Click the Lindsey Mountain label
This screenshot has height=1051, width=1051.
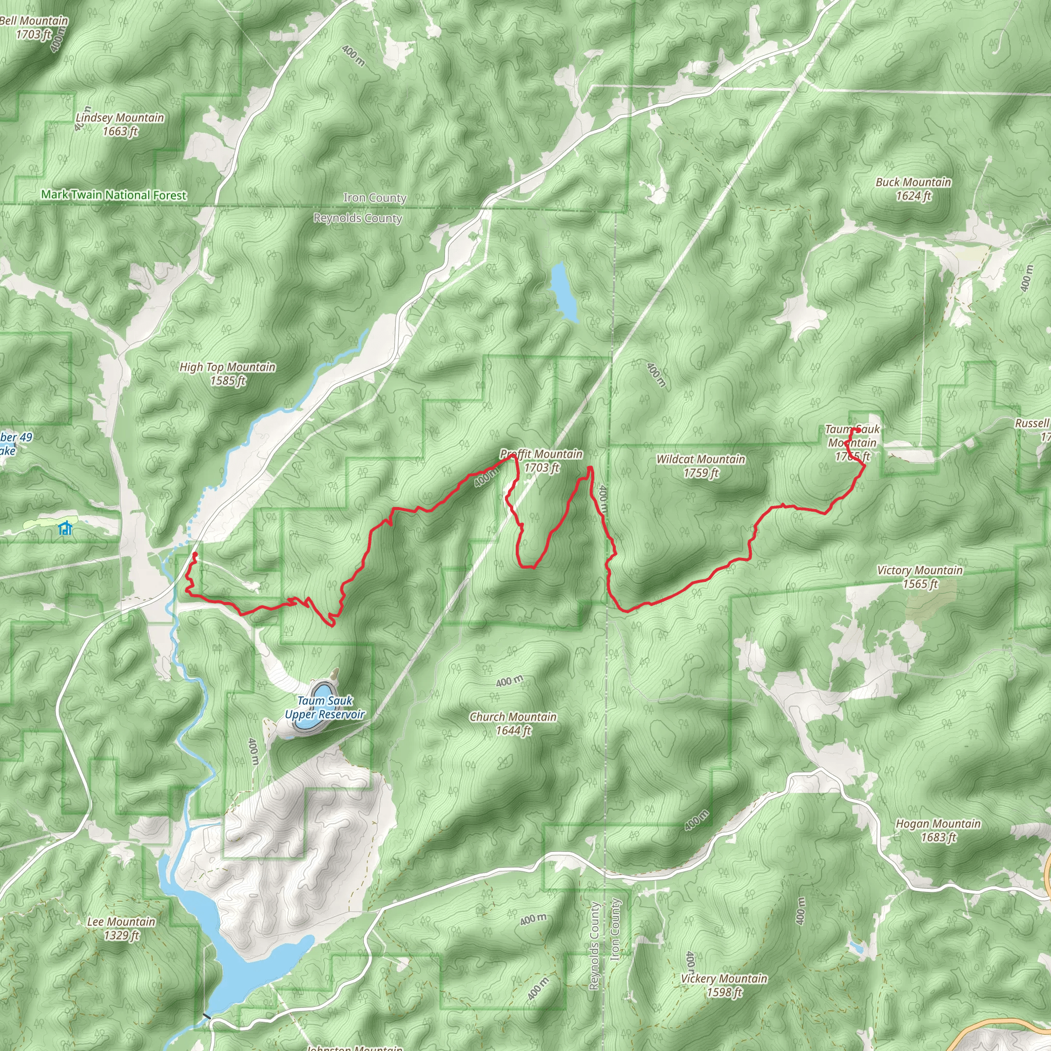click(x=120, y=118)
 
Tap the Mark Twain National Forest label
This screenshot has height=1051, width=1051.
click(x=114, y=194)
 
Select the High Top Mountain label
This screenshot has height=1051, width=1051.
click(x=227, y=367)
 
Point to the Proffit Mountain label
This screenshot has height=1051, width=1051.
click(x=541, y=454)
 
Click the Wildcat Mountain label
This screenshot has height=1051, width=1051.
click(x=700, y=459)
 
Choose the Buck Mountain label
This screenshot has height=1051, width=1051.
click(x=913, y=182)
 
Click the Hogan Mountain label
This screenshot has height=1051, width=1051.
click(x=938, y=824)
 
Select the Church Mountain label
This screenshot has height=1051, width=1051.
click(x=513, y=717)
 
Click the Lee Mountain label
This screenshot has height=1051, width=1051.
click(x=121, y=922)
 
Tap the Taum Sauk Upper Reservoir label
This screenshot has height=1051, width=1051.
click(x=325, y=708)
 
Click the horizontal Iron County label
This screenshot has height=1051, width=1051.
click(x=375, y=198)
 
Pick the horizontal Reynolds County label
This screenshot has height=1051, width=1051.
click(x=357, y=218)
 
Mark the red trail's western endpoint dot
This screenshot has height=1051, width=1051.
click(x=194, y=554)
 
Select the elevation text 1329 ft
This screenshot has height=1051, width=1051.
click(x=122, y=935)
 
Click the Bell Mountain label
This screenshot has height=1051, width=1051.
click(x=34, y=21)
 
